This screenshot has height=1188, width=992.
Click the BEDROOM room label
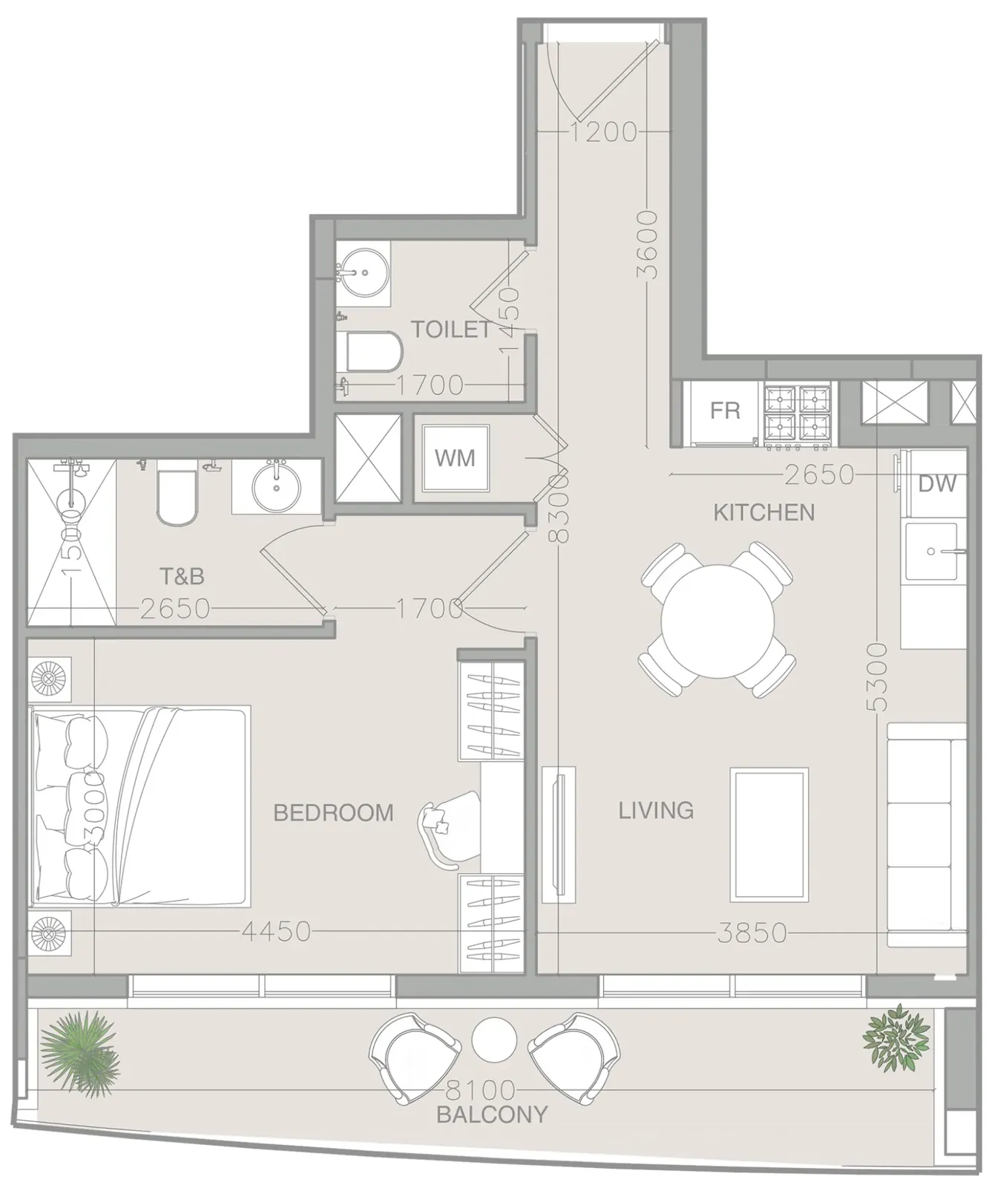[333, 812]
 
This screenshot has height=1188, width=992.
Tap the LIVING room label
[656, 810]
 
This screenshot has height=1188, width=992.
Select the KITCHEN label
[763, 512]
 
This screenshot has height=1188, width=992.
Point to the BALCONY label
[492, 1114]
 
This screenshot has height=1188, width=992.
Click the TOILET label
[451, 329]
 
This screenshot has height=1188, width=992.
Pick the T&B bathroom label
[183, 575]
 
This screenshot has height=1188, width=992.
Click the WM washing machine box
[455, 458]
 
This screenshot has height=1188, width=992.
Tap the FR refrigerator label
[725, 411]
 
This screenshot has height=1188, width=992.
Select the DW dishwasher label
[937, 484]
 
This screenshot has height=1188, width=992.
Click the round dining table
[717, 622]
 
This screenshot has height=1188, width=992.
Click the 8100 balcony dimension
[480, 1090]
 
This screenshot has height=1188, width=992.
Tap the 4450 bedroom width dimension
[276, 931]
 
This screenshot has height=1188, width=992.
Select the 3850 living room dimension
[752, 933]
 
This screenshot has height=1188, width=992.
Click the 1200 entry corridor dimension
[603, 132]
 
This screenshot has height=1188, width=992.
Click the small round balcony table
[493, 1039]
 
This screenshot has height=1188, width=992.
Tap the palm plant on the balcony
[79, 1050]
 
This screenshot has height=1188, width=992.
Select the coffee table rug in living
[769, 835]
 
